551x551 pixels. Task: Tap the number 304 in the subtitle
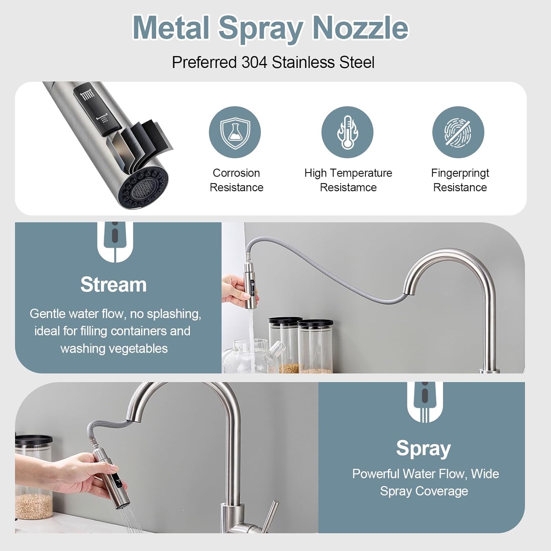tap(254, 62)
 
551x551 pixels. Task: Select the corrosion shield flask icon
tap(235, 132)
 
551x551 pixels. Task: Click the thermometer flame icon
tap(347, 132)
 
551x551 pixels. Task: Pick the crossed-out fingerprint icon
tap(458, 132)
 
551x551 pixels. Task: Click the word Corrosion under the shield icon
tap(236, 173)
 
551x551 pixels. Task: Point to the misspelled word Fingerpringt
tap(460, 173)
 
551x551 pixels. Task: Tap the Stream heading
tap(114, 285)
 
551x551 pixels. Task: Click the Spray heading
tap(423, 448)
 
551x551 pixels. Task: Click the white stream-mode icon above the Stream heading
tap(115, 241)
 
